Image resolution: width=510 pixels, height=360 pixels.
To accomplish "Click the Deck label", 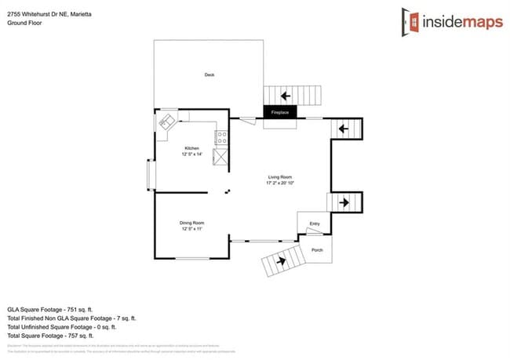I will [209, 75].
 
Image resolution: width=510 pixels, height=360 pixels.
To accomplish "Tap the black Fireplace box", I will [280, 113].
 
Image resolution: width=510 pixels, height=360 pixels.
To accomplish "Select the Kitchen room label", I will [192, 148].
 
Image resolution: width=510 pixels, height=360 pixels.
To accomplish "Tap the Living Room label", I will [280, 177].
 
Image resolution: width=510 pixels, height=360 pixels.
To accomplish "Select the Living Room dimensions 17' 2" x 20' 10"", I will [280, 184].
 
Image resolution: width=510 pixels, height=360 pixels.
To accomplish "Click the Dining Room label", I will [192, 224].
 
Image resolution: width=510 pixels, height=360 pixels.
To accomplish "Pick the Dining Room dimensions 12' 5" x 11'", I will [192, 230].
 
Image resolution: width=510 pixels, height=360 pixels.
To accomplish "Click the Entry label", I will [315, 224].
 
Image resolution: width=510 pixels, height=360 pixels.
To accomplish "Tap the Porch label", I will [318, 250].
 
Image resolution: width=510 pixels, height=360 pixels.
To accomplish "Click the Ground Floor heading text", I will [24, 23].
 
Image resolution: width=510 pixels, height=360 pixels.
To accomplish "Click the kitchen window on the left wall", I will [151, 175].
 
